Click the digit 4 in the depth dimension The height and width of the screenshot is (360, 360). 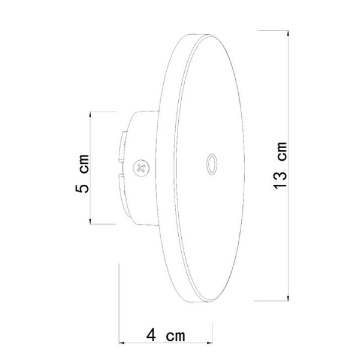152,334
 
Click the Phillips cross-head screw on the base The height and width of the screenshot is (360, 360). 142,168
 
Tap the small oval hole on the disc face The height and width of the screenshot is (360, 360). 211,163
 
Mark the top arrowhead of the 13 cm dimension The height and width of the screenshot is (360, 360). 289,32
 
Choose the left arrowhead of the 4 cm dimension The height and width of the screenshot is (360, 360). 122,343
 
